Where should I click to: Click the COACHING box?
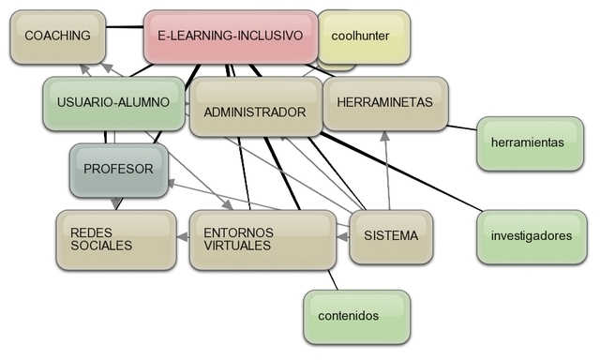57,36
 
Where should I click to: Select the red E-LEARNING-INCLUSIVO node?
231,36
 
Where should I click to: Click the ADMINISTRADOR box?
254,112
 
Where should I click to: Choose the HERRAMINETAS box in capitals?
384,102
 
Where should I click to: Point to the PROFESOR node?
117,170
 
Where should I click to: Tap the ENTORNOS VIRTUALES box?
262,238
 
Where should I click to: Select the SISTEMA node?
391,235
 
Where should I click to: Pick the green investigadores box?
531,236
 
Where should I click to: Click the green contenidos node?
356,316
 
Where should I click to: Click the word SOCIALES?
101,246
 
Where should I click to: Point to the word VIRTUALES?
237,246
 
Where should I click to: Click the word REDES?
89,232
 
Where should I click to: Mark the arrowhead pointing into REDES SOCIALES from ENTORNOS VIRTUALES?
181,239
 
